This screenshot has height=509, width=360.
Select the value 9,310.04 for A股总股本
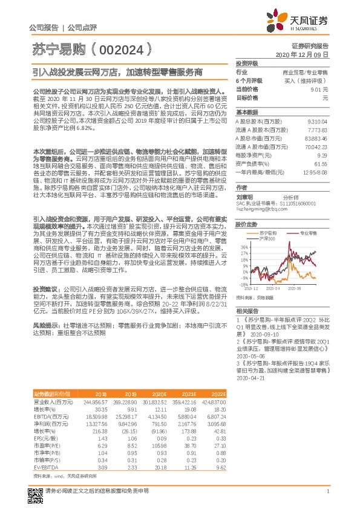(317, 122)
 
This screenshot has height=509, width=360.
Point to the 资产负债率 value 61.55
(321, 163)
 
